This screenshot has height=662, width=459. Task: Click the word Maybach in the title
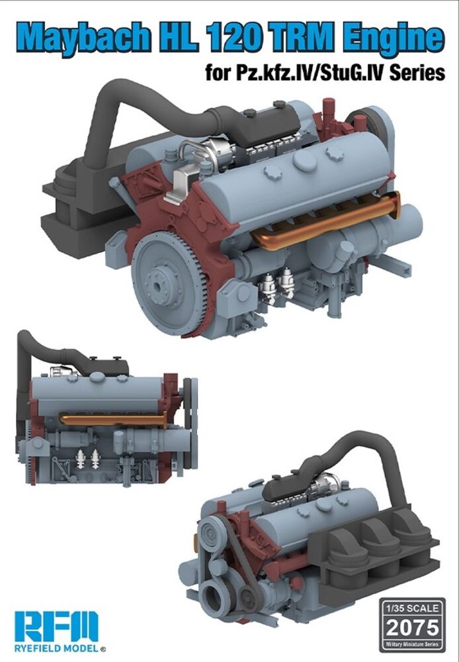point(83,37)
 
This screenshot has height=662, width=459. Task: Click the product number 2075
point(412,628)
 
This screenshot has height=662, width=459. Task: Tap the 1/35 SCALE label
point(412,608)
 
